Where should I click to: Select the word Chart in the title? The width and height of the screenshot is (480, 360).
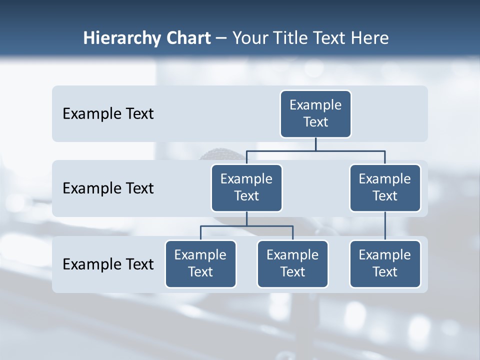click(x=187, y=38)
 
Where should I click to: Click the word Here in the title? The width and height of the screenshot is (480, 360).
click(x=370, y=38)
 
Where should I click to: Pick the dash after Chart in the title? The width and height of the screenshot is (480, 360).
click(x=221, y=38)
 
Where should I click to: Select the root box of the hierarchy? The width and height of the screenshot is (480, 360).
click(x=315, y=113)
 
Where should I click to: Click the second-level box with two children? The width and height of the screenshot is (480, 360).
click(x=246, y=187)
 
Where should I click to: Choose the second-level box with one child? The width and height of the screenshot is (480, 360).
click(x=385, y=187)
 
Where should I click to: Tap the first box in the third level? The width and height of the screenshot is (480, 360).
click(x=200, y=263)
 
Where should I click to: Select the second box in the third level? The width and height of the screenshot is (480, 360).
click(x=292, y=263)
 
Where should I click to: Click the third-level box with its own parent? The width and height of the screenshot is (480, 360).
click(x=385, y=263)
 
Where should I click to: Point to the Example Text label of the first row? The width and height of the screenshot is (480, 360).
click(x=108, y=114)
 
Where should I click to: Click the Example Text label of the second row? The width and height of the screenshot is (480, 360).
click(x=108, y=188)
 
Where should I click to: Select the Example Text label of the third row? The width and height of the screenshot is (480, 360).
click(x=108, y=264)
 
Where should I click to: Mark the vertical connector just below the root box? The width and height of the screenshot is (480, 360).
click(x=315, y=144)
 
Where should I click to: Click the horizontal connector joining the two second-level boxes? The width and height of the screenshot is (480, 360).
click(x=315, y=150)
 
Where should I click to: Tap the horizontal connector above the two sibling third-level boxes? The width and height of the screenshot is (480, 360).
click(x=246, y=226)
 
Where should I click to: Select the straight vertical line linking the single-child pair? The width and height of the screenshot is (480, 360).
click(x=385, y=226)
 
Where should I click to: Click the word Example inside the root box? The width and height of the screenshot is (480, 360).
click(x=315, y=105)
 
